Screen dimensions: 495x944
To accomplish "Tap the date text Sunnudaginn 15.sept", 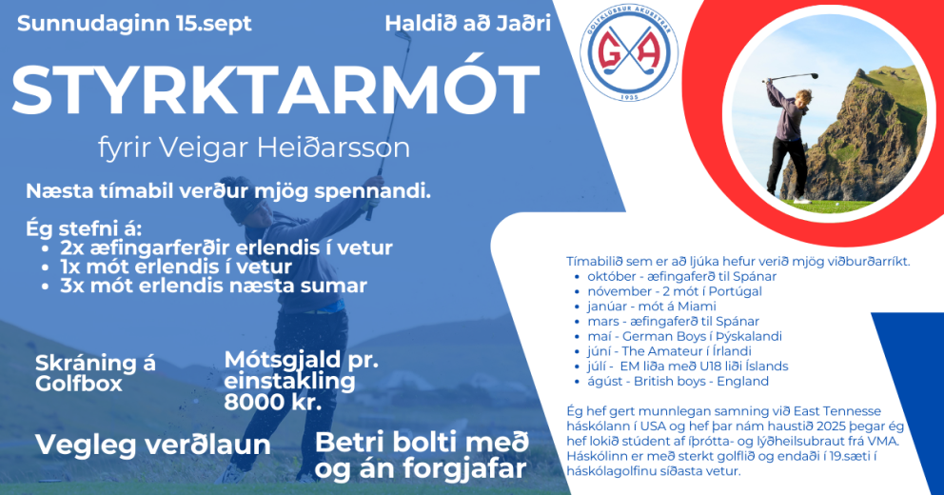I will click(135, 24).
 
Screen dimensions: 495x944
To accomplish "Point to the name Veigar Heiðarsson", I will click(305, 148).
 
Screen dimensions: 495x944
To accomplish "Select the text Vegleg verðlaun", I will click(153, 445).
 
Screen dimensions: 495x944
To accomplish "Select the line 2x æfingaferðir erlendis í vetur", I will click(226, 247).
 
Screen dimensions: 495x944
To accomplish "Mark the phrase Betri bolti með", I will click(421, 443).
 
